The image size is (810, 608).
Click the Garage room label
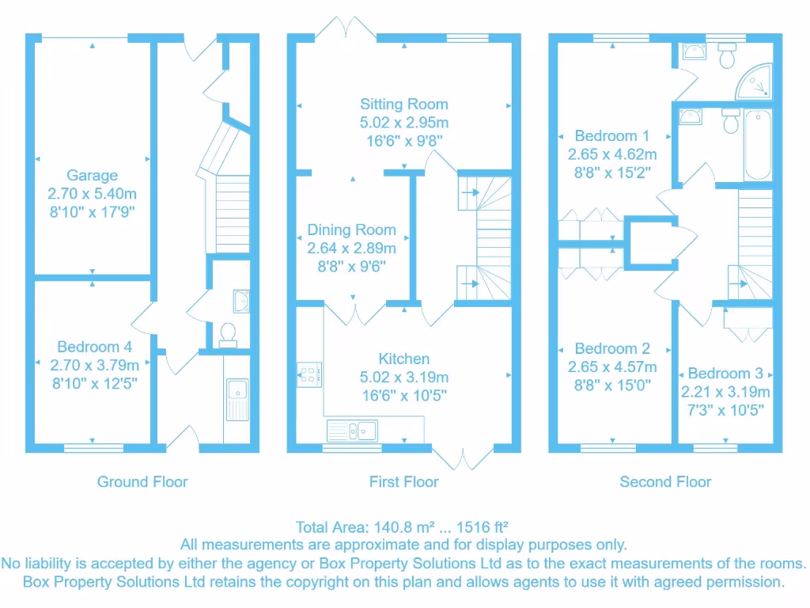92,176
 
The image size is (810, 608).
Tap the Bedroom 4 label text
94,347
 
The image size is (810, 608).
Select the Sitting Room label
403,104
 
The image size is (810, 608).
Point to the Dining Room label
351,230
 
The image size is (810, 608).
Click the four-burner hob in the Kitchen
308,374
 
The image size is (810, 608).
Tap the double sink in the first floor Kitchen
351,431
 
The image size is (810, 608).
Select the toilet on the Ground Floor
228,335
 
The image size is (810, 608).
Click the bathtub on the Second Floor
757,146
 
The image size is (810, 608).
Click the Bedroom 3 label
725,374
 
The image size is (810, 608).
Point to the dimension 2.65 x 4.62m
612,154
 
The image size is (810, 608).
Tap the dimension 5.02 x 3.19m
403,378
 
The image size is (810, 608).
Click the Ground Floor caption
142,481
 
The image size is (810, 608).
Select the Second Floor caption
665,481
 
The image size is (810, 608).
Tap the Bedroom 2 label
612,349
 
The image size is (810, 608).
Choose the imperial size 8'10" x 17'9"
92,211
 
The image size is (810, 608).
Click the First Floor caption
403,481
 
